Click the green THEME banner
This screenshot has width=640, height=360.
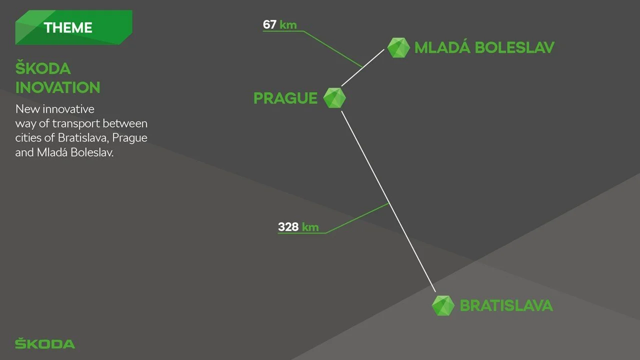tap(73, 27)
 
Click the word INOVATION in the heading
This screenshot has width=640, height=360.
tap(57, 87)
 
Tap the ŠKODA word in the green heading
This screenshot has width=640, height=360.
tap(43, 68)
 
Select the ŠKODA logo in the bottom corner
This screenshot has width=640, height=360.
tap(45, 344)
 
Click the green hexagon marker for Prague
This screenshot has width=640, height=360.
tap(334, 98)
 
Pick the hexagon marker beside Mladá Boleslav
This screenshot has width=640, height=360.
tap(398, 47)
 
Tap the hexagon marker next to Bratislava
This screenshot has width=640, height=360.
tap(442, 305)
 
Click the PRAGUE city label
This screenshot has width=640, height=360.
tap(285, 98)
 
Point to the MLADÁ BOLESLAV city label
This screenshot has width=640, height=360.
tap(484, 47)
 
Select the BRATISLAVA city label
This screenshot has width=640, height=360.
tap(506, 305)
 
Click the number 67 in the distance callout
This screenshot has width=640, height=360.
tap(269, 24)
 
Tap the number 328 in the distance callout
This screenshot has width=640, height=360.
tap(288, 227)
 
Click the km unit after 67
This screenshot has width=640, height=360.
tap(288, 24)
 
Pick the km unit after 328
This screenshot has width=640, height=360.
tap(310, 227)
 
